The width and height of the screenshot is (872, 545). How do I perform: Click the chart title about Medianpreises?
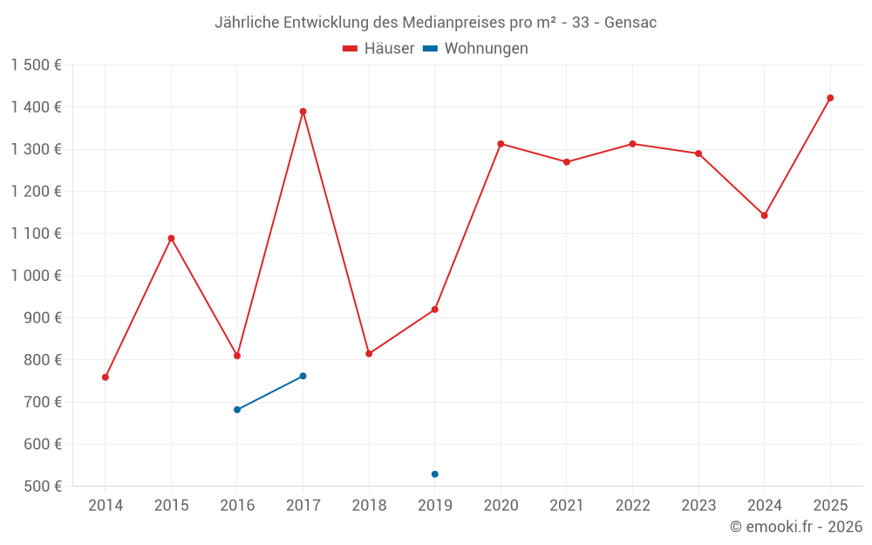click(435, 23)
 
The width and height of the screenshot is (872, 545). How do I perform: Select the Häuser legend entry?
click(378, 49)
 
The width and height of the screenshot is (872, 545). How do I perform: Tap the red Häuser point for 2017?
click(303, 112)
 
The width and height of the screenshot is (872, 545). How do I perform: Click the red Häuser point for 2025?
click(830, 98)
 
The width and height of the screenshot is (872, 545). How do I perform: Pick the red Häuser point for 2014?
click(106, 378)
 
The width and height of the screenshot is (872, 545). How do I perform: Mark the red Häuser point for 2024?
click(764, 215)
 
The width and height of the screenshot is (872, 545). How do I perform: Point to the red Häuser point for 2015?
click(171, 238)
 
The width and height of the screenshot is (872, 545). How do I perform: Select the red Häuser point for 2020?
click(501, 144)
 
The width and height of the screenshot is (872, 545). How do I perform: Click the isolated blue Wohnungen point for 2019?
click(434, 474)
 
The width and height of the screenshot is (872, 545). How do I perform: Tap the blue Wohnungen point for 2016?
click(237, 410)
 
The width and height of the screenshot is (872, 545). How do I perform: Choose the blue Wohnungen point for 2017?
click(303, 376)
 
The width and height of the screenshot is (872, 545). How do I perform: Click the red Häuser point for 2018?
click(369, 354)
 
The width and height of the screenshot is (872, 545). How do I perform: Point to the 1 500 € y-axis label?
click(36, 65)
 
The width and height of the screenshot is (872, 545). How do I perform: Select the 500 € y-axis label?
click(43, 487)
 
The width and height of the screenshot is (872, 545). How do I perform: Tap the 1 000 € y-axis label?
click(36, 276)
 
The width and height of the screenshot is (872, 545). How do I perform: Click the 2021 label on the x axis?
click(567, 506)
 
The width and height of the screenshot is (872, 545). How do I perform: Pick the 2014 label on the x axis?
click(106, 506)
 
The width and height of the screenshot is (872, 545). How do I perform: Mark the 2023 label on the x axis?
click(698, 506)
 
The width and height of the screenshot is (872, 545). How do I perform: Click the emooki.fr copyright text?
click(795, 527)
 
